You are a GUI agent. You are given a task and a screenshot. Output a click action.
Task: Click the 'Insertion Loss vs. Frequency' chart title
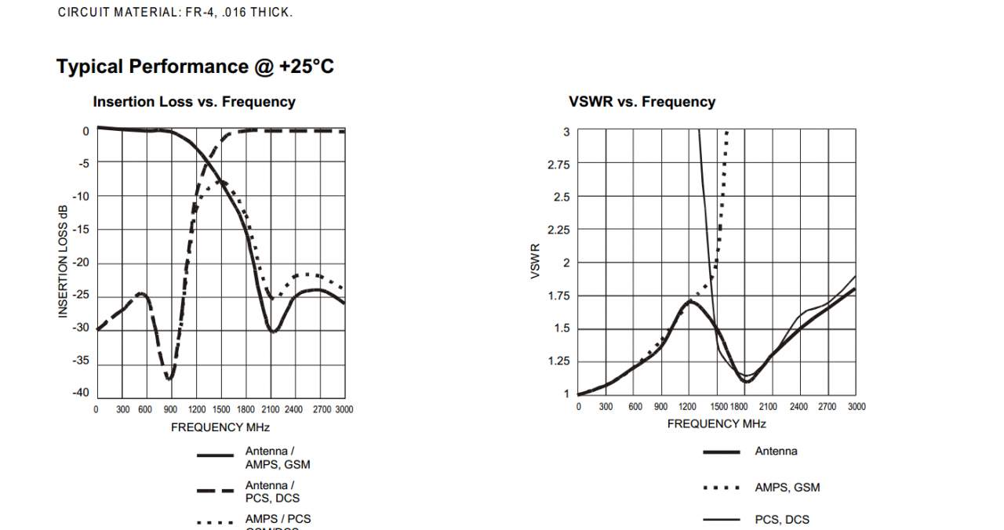(194, 102)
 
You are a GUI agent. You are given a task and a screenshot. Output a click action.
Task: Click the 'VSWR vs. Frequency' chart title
(642, 102)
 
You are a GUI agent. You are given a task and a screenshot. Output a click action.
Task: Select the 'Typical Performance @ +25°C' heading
(195, 67)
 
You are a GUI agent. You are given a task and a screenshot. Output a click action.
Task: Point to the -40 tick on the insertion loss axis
(81, 393)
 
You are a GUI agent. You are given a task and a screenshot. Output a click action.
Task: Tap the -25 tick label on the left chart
(81, 295)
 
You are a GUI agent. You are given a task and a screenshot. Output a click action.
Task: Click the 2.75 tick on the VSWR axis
(558, 165)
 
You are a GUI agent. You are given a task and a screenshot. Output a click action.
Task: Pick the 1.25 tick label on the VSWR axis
(558, 361)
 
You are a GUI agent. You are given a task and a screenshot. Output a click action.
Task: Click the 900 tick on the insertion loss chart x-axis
(170, 409)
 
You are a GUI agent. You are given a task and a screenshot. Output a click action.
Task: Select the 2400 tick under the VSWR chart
(798, 406)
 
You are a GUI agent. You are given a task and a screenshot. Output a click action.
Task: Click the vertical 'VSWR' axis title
(536, 261)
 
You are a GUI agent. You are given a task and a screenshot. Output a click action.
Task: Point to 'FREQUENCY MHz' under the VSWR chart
(716, 423)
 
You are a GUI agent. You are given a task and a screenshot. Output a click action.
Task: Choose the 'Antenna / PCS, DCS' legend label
(272, 492)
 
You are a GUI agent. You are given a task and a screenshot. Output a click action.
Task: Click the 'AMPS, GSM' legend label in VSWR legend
(787, 488)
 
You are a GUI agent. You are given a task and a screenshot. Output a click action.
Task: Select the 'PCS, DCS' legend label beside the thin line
(782, 520)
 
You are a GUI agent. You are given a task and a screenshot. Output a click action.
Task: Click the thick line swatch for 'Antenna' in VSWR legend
(722, 452)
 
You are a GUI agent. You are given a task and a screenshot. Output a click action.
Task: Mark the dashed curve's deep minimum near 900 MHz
(169, 379)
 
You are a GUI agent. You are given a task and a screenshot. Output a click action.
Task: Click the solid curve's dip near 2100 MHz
(272, 332)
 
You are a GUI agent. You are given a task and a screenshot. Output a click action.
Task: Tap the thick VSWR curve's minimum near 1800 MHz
(747, 382)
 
